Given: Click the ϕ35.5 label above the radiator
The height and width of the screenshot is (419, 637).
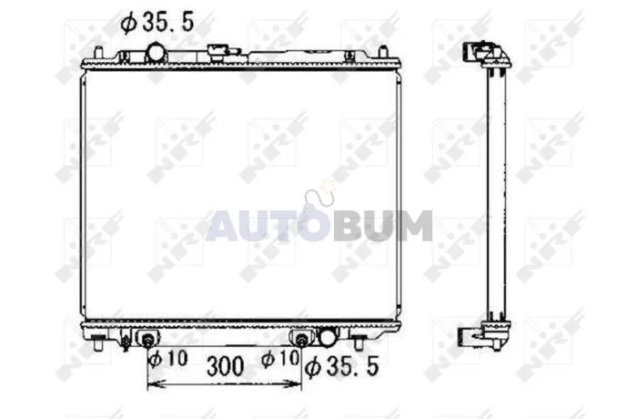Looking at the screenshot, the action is tap(157, 22).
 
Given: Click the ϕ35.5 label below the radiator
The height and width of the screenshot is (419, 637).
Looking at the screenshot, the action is tap(341, 365).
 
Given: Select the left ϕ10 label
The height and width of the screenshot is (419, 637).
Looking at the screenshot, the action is tap(167, 358).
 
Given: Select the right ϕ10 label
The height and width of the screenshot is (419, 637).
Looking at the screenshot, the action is tap(280, 358).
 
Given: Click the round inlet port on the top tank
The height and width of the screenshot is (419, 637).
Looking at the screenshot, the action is tap(157, 53).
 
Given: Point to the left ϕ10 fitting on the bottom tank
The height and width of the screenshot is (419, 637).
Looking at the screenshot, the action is tap(148, 339).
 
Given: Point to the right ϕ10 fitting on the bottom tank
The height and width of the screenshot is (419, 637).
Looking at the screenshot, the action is tap(301, 339).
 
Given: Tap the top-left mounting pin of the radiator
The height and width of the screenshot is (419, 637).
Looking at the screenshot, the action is tap(98, 54).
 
